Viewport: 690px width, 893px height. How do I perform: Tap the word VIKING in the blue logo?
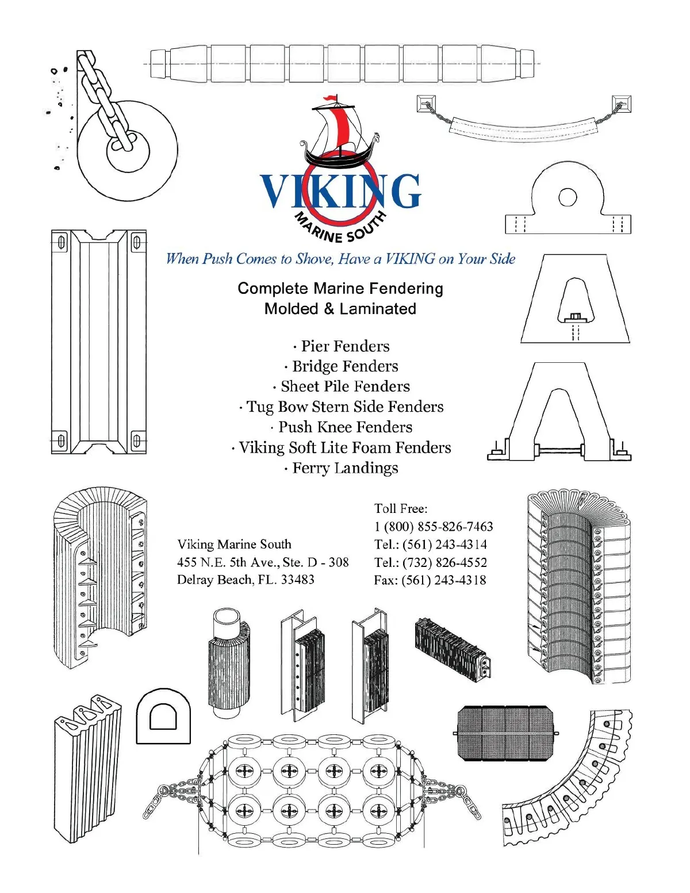coord(340,191)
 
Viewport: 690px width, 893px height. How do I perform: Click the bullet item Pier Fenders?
coord(342,346)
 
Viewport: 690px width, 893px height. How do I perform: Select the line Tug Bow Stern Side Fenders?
coord(342,407)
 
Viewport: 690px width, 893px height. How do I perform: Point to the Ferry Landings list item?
coord(341,468)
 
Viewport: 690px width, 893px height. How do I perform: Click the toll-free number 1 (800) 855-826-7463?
coord(434,527)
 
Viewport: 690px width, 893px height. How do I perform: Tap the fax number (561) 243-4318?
coord(444,580)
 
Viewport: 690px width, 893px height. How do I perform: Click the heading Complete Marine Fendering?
coord(340,289)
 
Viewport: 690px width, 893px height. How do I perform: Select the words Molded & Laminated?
coord(340,309)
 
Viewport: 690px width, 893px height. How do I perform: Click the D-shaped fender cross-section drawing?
coord(163,716)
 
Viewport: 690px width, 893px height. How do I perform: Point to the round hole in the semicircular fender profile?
coord(568,197)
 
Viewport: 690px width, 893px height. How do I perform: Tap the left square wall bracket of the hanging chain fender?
coord(426,104)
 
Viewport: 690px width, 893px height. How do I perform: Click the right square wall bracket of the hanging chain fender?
coord(622,104)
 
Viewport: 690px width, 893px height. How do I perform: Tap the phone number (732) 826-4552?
coord(444,562)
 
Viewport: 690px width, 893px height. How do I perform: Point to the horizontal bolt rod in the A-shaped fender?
coord(559,450)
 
